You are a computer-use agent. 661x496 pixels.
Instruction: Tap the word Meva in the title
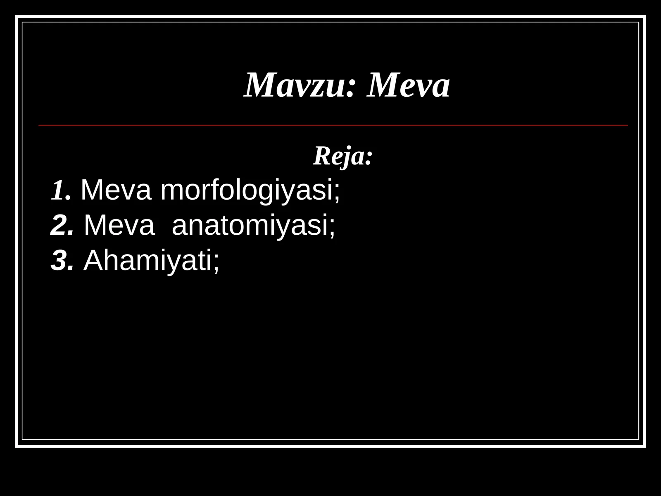408,86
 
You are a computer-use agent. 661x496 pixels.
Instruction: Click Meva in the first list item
116,191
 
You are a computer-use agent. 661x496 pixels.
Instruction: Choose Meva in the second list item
119,226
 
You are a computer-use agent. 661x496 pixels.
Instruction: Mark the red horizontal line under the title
333,125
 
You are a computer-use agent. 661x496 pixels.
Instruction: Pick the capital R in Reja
321,156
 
